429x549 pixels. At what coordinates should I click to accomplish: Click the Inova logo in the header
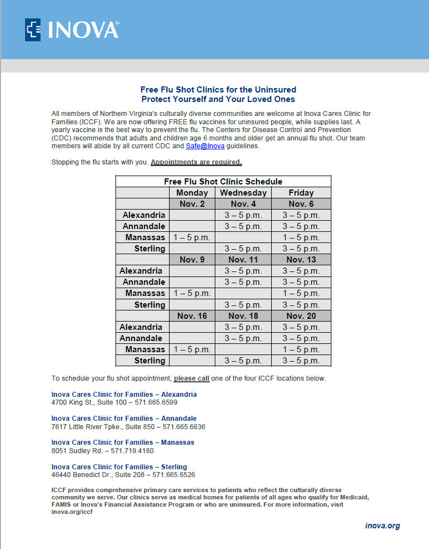point(72,30)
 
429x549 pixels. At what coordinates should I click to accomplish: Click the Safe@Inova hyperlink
point(201,146)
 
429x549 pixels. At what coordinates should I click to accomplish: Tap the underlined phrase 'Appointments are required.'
point(196,162)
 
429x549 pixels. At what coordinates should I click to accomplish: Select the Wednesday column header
point(243,193)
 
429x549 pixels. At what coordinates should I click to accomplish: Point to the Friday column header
point(301,193)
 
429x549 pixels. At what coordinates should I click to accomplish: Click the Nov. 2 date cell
point(192,204)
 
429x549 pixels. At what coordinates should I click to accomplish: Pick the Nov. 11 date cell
point(243,260)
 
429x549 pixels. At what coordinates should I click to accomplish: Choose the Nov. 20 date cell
point(301,316)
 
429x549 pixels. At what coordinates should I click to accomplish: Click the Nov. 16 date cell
point(192,316)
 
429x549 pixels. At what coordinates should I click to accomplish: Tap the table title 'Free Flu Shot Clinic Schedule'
point(223,182)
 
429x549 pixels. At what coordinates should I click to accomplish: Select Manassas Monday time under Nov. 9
point(192,293)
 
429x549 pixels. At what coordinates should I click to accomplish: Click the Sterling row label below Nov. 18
point(150,361)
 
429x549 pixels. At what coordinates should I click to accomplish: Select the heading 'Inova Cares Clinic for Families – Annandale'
point(124,419)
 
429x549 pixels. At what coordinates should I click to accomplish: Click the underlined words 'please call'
point(191,378)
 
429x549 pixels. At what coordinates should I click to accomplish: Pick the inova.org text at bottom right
point(382,526)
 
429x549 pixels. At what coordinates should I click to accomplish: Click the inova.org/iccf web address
point(71,512)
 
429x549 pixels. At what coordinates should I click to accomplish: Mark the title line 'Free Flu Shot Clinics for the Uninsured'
point(218,90)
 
